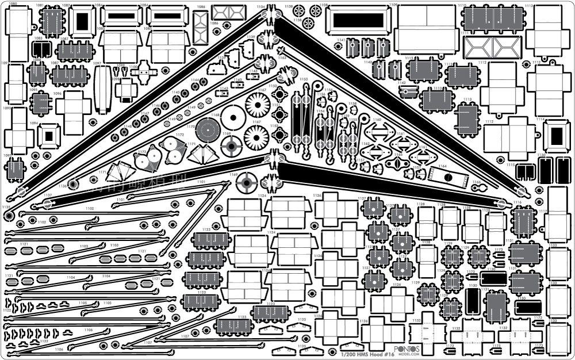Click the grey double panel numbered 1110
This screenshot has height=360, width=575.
(489, 20)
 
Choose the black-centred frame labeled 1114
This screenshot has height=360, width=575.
(555, 136)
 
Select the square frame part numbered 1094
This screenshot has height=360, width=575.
(48, 136)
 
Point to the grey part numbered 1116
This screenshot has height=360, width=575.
(523, 221)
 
